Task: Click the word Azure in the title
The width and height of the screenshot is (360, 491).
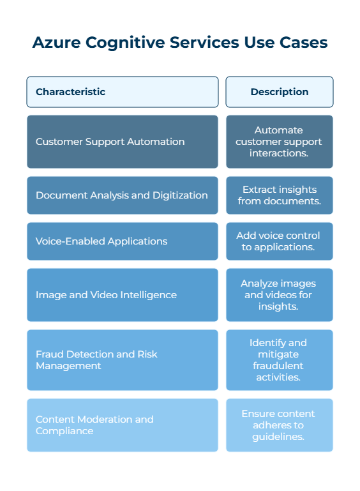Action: coord(56,42)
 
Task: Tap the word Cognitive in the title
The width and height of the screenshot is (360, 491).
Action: coord(125,43)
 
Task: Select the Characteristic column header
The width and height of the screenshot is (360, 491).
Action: coord(123,92)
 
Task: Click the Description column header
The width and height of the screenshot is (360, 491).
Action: coord(280,92)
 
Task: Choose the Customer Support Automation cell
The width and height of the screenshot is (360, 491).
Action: coord(123,142)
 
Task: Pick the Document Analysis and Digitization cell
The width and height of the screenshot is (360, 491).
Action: coord(123,195)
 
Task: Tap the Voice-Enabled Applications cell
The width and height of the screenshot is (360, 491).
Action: coord(123,241)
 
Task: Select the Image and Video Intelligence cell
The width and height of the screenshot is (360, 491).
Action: coord(123,295)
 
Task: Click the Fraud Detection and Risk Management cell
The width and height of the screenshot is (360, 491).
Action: coord(123,360)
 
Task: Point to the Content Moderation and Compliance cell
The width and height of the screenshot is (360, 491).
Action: coord(123,425)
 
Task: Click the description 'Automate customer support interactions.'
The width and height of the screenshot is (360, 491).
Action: coord(280,142)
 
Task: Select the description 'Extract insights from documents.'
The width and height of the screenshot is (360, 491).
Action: coord(280,195)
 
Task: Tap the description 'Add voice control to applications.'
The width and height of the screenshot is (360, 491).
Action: coord(280,241)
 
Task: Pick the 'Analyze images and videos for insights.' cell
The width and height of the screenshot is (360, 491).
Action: coord(280,295)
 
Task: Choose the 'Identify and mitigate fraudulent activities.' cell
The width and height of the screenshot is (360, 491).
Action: coord(280,360)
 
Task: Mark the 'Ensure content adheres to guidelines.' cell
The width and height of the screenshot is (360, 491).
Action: coord(280,425)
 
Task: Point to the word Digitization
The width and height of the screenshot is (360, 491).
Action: coord(180,196)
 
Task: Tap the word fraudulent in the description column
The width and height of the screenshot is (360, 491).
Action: coord(278,366)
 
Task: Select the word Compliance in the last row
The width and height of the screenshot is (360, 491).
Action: coord(64,431)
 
